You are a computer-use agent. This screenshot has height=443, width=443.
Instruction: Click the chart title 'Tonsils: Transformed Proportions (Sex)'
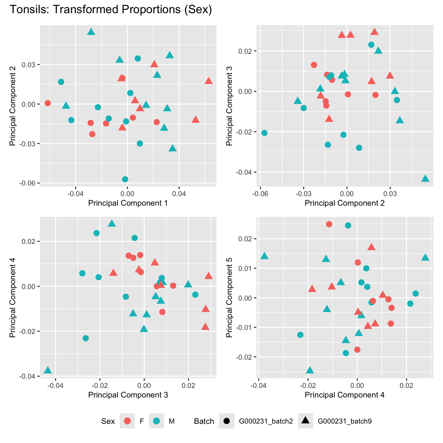click(111, 10)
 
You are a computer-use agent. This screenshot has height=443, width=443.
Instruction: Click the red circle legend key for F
click(127, 421)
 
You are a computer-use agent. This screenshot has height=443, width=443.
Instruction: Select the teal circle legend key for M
click(157, 421)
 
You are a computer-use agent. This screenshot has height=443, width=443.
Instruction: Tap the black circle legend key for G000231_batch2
click(227, 421)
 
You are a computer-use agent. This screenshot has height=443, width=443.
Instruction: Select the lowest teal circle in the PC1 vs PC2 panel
click(125, 179)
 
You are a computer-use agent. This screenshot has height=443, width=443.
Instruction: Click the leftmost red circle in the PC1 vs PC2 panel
click(48, 103)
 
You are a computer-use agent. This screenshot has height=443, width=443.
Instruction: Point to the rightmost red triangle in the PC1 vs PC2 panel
click(209, 81)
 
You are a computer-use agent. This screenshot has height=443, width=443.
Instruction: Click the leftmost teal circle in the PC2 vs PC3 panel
click(264, 133)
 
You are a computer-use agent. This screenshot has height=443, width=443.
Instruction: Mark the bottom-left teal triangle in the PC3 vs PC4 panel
click(48, 370)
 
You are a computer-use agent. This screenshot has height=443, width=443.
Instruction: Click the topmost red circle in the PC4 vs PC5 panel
click(329, 224)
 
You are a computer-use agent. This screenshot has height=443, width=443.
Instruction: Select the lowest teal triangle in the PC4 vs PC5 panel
click(310, 370)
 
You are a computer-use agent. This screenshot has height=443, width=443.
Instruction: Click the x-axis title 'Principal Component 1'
click(128, 203)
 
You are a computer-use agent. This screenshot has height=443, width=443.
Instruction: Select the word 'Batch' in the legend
click(204, 421)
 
